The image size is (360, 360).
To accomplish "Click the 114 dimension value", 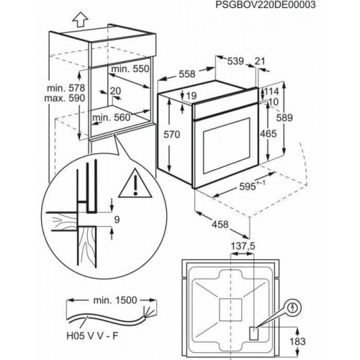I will click(270, 92).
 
